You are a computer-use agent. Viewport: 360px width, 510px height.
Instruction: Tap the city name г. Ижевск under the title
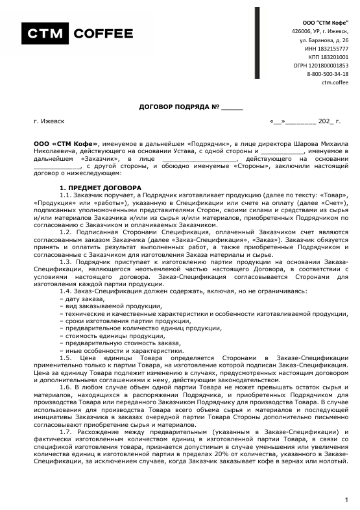(49, 121)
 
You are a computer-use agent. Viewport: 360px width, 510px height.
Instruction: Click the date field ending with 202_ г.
(304, 121)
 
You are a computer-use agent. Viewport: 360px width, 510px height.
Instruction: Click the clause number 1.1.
(65, 195)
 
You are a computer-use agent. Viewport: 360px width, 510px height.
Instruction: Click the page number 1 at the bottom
(347, 500)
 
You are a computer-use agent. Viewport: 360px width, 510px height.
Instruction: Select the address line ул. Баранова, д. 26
(324, 40)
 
